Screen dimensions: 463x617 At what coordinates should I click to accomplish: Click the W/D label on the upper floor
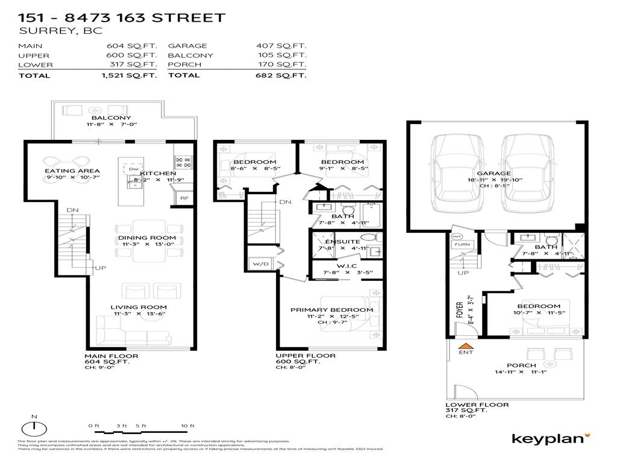pos(260,263)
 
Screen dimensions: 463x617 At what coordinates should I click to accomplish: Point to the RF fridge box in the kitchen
pos(183,197)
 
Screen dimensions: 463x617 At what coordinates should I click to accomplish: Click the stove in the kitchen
pos(183,162)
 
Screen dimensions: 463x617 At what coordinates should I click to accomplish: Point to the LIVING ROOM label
pos(133,306)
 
